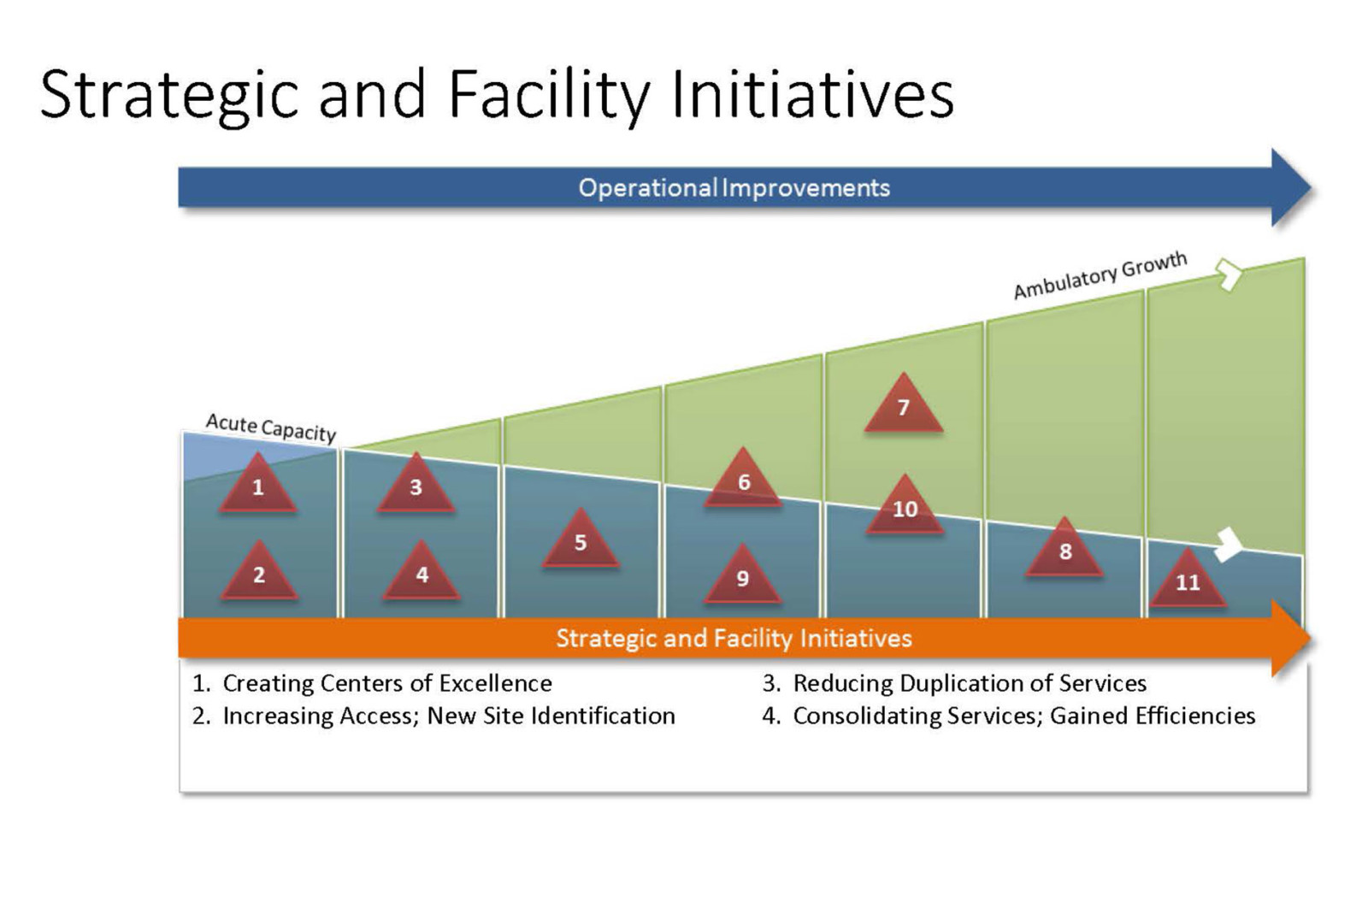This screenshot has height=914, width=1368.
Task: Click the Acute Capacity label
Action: (x=271, y=428)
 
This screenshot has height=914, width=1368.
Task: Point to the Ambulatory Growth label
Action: (x=1100, y=275)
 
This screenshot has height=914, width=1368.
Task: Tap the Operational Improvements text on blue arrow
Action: (x=734, y=187)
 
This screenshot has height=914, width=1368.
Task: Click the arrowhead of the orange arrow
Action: (x=1291, y=638)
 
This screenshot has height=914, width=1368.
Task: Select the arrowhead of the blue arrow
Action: (x=1291, y=187)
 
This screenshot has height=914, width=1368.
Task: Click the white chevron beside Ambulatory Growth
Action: (x=1229, y=274)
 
